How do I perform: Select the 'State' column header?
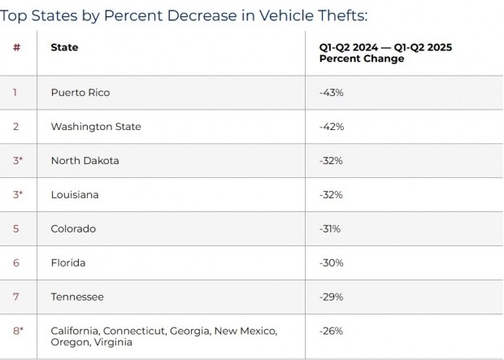click(x=64, y=47)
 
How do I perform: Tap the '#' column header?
click(x=16, y=47)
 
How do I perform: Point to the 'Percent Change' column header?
click(x=385, y=53)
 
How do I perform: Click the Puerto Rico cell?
click(x=80, y=93)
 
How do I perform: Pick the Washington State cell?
click(x=95, y=127)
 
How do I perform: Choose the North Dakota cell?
click(x=85, y=161)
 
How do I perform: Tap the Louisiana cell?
click(x=74, y=195)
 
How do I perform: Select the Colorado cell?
click(x=73, y=229)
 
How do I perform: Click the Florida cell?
click(x=67, y=263)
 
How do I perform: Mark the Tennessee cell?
click(x=76, y=297)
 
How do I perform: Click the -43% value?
click(x=331, y=93)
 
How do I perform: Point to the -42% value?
click(x=331, y=127)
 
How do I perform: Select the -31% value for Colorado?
click(x=330, y=229)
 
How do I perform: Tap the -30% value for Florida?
click(x=331, y=263)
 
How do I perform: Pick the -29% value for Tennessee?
click(x=331, y=297)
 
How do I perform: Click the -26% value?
click(x=331, y=331)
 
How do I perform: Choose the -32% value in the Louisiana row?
click(x=331, y=195)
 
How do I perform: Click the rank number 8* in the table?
click(x=17, y=331)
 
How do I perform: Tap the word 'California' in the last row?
click(x=75, y=331)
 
